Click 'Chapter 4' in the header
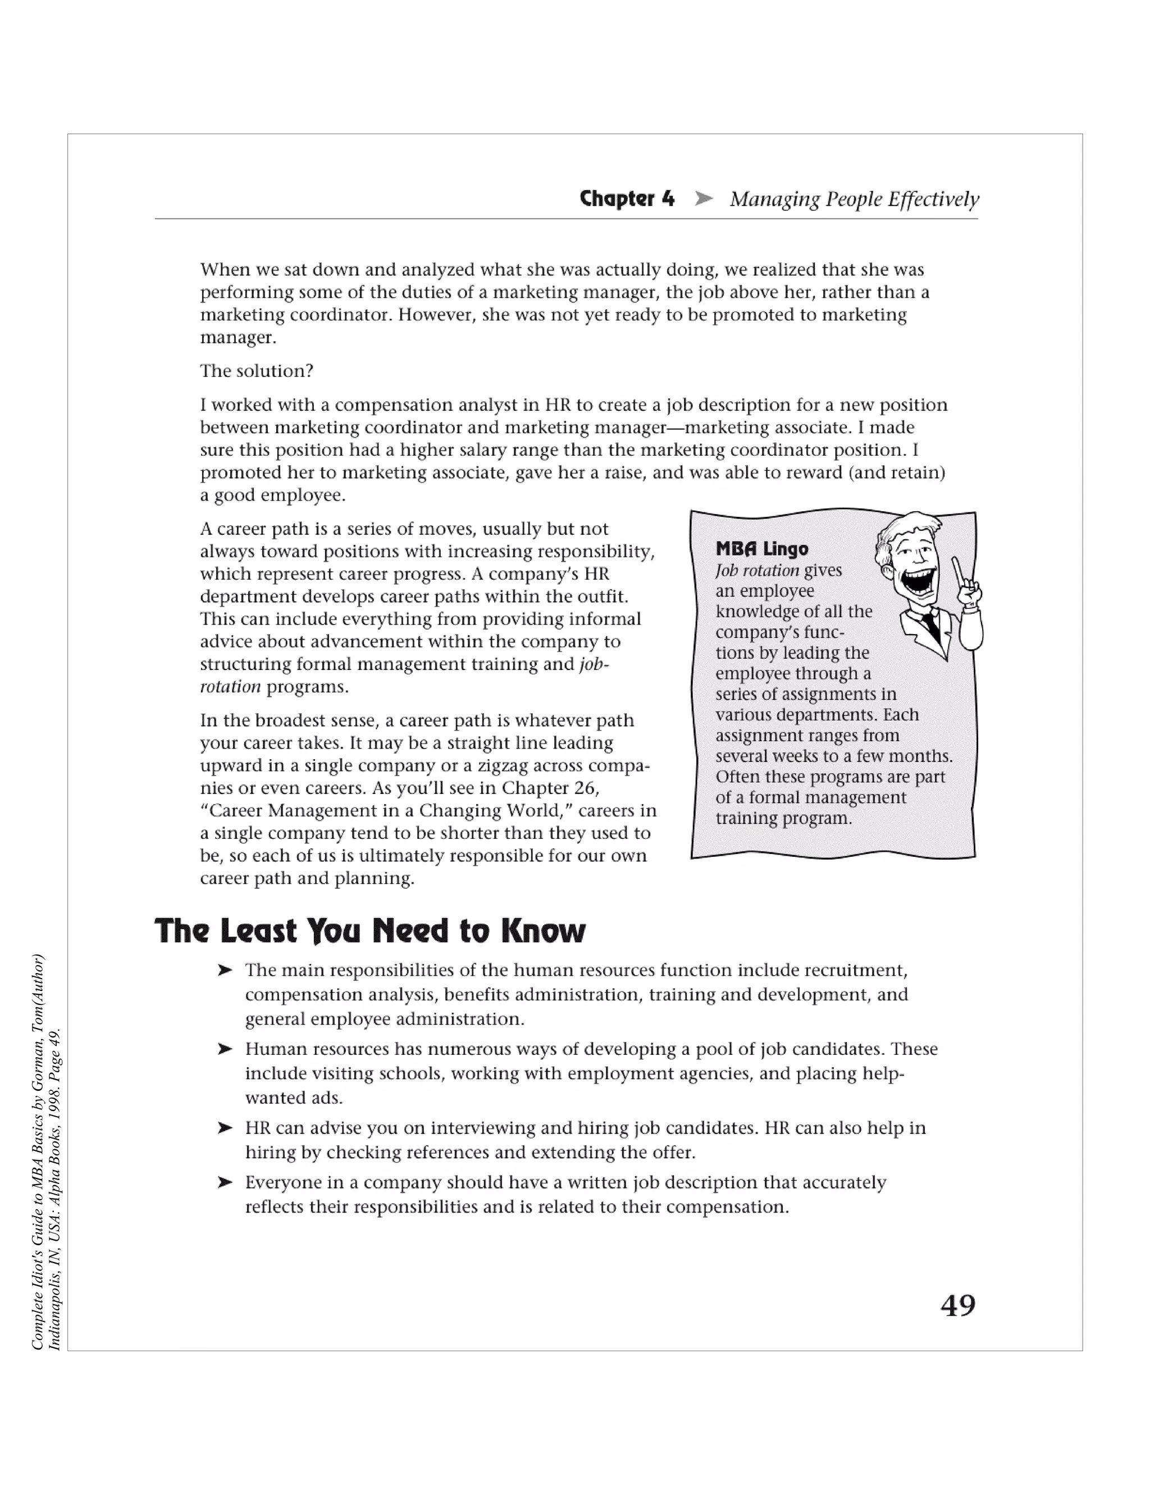(x=627, y=199)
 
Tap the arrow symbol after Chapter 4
(x=703, y=199)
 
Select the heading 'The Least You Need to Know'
(x=370, y=931)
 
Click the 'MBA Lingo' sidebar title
(x=761, y=549)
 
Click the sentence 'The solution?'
(x=257, y=371)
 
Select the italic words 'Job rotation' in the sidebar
(x=757, y=571)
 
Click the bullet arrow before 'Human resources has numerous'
(x=225, y=1049)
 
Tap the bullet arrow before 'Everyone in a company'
(x=225, y=1183)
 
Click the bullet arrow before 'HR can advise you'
(x=225, y=1128)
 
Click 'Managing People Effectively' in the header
(x=854, y=199)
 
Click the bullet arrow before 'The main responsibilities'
(x=225, y=970)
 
